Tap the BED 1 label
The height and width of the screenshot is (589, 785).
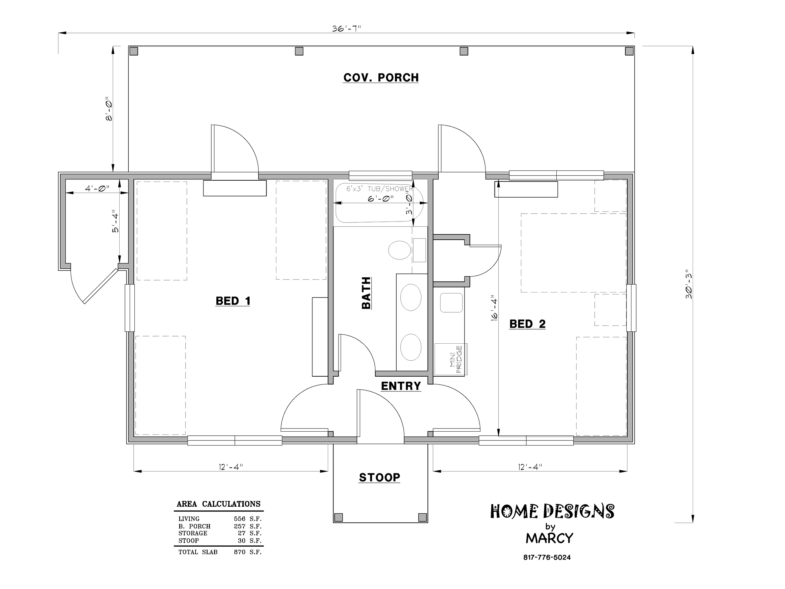[233, 301]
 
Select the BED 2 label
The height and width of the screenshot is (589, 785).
[527, 324]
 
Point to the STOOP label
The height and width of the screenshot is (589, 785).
[379, 477]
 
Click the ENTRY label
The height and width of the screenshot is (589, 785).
[401, 386]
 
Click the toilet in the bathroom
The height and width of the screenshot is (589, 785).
[400, 250]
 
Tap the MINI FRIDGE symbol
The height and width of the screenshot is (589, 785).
[451, 359]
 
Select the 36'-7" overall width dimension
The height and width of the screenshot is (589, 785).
[346, 28]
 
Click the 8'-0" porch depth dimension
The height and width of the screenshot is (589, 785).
[109, 109]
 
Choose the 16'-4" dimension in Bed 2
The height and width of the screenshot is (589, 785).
[494, 308]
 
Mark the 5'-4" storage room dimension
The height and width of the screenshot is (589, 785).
[115, 223]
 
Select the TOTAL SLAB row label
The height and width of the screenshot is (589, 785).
[198, 552]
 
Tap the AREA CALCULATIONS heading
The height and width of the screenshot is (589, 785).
[219, 504]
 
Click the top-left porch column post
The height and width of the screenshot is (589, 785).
[134, 51]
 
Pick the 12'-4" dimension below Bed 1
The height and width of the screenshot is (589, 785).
[231, 467]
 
